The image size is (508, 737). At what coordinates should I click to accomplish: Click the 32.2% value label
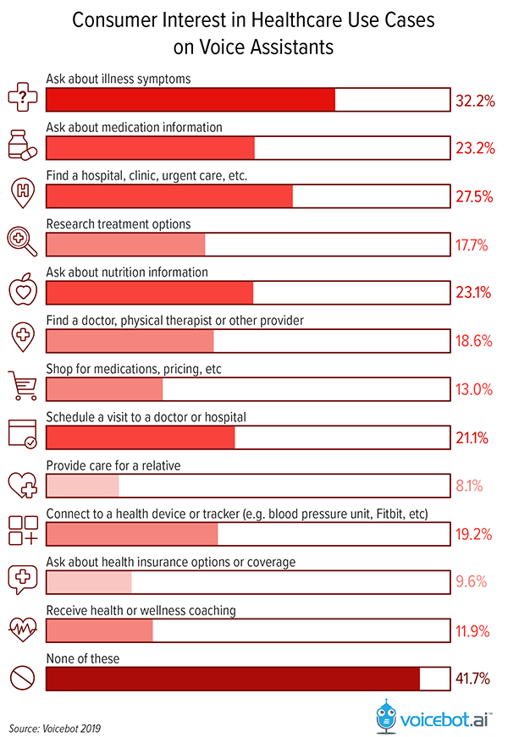(474, 101)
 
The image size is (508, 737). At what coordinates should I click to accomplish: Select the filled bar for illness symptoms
(190, 100)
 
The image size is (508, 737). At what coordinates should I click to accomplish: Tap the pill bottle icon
(23, 144)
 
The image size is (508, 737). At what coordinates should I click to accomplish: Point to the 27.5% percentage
(474, 196)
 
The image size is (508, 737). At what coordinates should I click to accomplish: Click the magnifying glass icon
(22, 241)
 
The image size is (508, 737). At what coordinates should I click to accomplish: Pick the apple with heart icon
(22, 289)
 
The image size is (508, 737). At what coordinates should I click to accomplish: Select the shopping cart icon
(23, 385)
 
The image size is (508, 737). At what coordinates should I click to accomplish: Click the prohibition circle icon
(22, 677)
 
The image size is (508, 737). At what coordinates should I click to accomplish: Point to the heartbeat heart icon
(22, 628)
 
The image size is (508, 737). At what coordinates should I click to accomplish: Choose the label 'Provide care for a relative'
(113, 465)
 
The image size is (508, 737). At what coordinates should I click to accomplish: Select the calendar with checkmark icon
(22, 433)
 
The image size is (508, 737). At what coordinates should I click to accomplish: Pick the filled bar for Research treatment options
(125, 245)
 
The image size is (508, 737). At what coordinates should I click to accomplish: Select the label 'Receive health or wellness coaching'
(141, 610)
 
